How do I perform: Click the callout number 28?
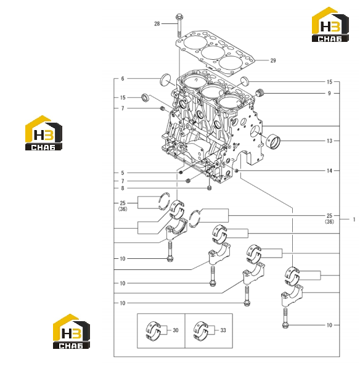coord(157,23)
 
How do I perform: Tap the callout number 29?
coord(273,60)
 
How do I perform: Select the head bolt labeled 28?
coord(179,25)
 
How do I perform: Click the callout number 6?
coord(123,79)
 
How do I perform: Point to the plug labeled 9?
coord(260,92)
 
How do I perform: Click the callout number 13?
coord(330,141)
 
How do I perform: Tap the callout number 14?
coord(330,171)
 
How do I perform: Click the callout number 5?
coord(123,173)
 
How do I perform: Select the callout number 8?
coord(123,188)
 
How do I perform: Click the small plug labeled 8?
coord(210,188)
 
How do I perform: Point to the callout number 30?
coord(176,330)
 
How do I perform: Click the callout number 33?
coord(223,330)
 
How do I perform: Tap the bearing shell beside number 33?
coord(200,330)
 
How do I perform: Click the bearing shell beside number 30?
coord(153,330)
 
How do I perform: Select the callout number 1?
coord(354,219)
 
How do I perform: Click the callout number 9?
coord(329,94)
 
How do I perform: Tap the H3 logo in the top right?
coord(330,25)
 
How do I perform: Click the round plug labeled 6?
coord(165,80)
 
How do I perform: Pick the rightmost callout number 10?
coord(330,325)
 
